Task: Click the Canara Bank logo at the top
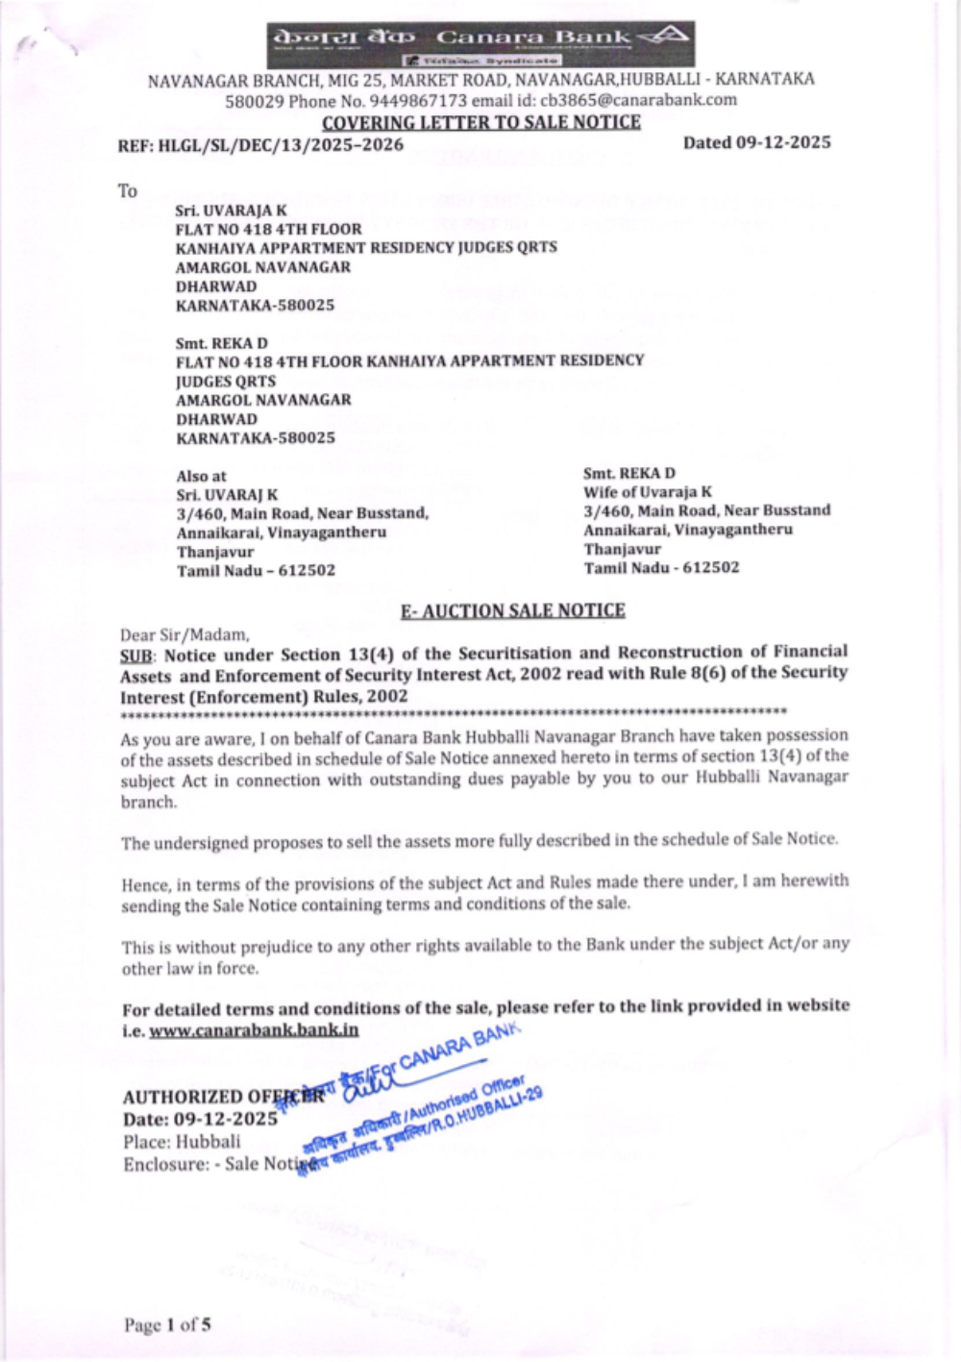click(x=480, y=43)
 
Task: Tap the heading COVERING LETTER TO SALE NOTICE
click(x=480, y=122)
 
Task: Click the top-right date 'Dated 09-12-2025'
click(x=756, y=143)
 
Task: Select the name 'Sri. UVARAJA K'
click(x=231, y=210)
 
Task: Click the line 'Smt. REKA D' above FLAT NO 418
click(x=222, y=343)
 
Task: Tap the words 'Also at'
click(x=201, y=476)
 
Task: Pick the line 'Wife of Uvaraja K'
click(x=648, y=491)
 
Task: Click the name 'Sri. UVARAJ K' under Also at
click(x=227, y=495)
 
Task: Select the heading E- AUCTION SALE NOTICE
click(x=512, y=611)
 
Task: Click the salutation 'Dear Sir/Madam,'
click(x=185, y=634)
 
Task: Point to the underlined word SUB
click(x=134, y=656)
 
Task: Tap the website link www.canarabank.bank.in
click(x=254, y=1030)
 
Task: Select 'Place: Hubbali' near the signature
click(x=182, y=1142)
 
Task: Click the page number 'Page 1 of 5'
click(x=167, y=1325)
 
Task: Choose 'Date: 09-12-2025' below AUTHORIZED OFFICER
click(x=200, y=1119)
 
